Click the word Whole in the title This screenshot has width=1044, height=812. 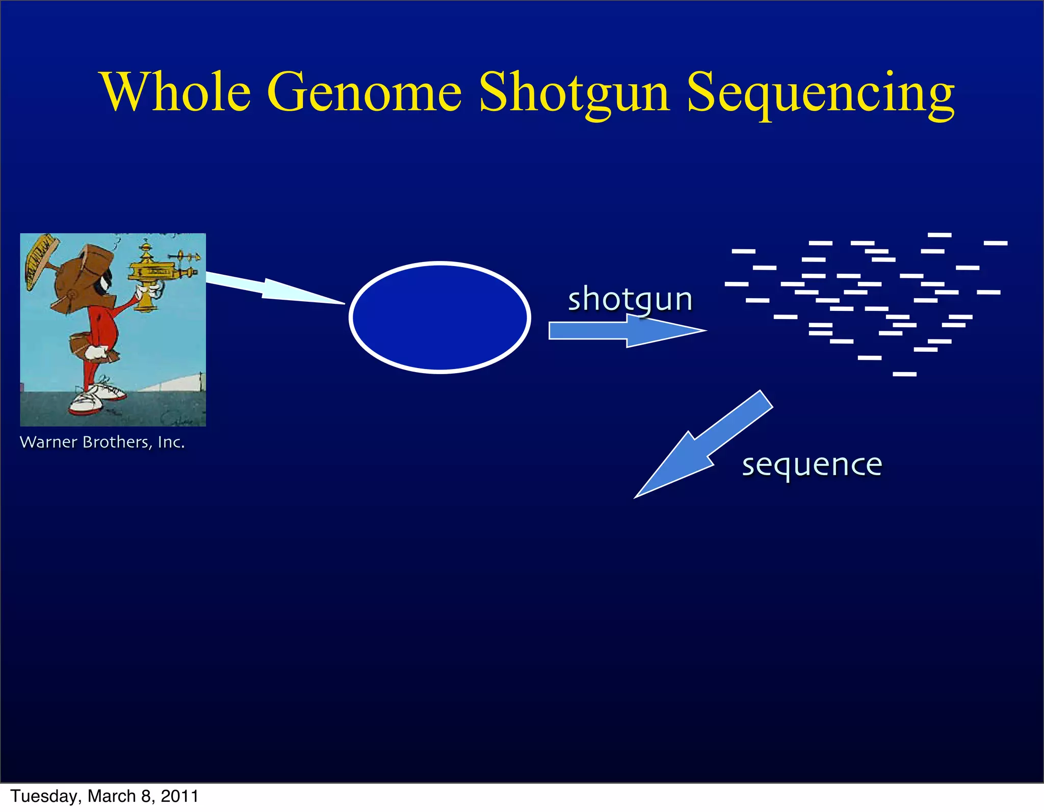(x=176, y=92)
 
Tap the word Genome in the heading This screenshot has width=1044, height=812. (x=364, y=92)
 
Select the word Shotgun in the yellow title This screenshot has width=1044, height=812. (x=573, y=92)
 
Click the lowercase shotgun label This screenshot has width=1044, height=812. (x=630, y=299)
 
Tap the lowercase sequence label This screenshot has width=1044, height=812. (x=812, y=465)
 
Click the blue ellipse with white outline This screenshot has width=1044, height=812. (x=440, y=318)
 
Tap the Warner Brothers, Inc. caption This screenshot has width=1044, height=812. (x=102, y=442)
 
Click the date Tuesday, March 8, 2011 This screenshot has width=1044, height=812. (x=105, y=796)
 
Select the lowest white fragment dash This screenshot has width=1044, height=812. (x=904, y=374)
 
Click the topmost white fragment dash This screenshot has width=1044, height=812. (x=939, y=235)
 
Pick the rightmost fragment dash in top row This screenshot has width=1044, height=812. (x=995, y=243)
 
